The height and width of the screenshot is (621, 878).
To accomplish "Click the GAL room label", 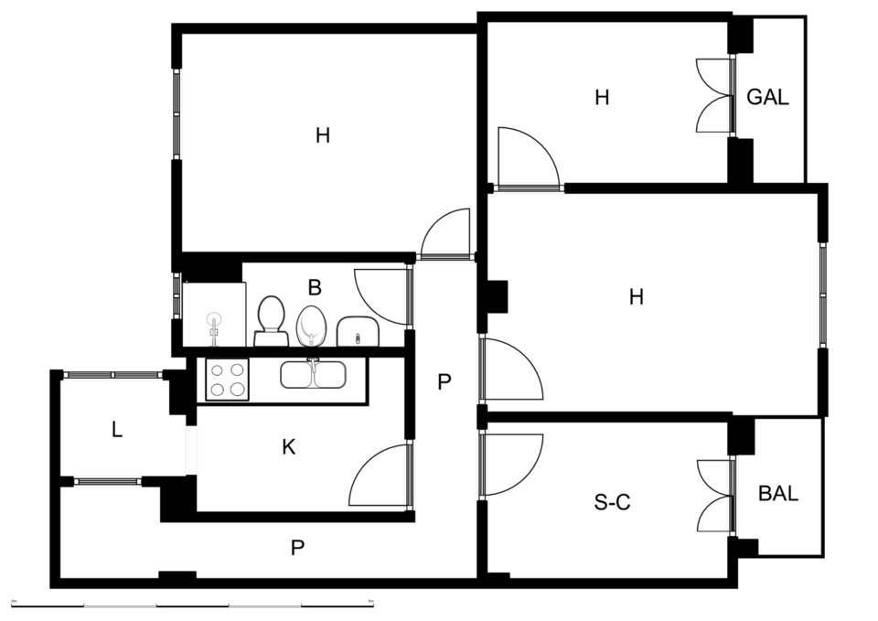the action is pos(767,97).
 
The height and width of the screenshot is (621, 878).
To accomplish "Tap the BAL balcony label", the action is pos(778,493).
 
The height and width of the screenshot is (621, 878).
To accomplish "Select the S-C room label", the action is pos(612,502).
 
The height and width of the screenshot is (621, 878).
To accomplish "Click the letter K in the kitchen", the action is pos(288,447).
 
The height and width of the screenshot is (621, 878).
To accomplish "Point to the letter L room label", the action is pos(116,430).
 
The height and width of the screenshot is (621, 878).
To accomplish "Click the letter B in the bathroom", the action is pos(315,288).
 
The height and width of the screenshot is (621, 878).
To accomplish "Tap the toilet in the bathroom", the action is pos(271,321).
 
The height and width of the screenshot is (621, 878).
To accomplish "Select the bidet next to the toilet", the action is pos(311,326).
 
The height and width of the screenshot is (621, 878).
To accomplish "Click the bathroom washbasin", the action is pos(358,331).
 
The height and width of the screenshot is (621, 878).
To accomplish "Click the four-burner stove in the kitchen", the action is pos(228,380).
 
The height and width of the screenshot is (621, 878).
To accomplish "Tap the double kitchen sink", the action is pos(313,374).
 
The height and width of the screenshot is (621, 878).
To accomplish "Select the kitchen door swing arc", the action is pos(380,476).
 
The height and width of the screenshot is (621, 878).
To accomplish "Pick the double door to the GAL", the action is pos(715,96).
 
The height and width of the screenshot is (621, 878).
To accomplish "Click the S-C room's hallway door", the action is pos(512,465).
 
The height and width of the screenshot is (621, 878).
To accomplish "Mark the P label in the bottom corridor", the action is pos(297,548).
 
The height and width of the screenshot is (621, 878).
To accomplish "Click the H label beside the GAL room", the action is pos(602,98).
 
